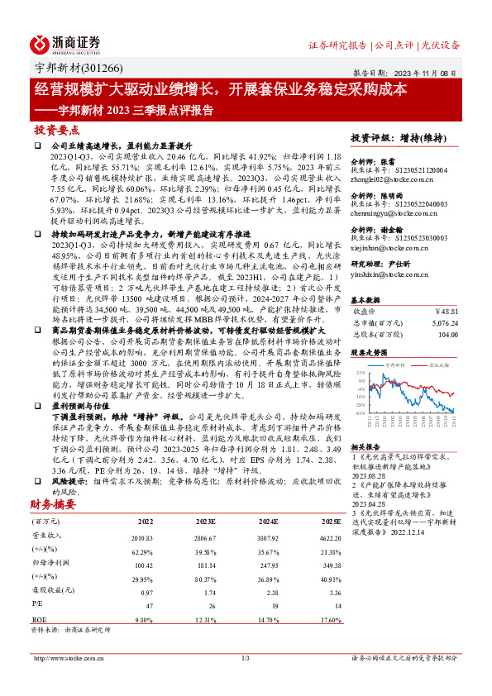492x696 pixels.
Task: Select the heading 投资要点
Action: click(57, 130)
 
